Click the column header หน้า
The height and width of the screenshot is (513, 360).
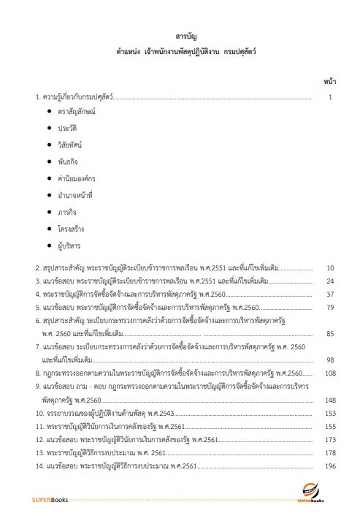pos(329,78)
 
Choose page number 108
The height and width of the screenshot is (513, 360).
pos(329,373)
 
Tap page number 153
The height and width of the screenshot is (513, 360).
pos(329,414)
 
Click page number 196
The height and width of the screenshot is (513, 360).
pos(329,466)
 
